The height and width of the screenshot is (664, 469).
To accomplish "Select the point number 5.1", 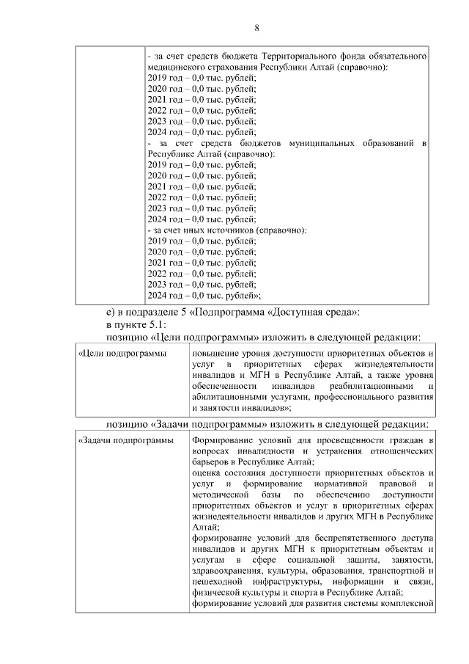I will pos(156,324).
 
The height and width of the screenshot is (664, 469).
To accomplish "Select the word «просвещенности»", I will pos(334,439).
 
